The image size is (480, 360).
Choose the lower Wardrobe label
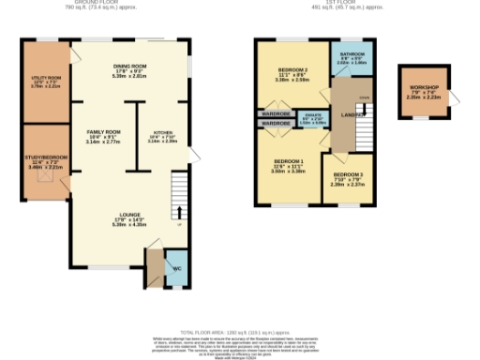click(x=276, y=123)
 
